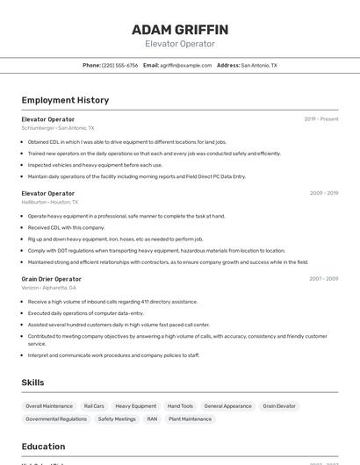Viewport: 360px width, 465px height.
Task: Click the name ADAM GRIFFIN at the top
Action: (x=179, y=29)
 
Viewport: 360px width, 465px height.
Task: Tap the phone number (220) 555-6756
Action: (x=120, y=65)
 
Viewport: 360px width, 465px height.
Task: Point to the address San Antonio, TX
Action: (x=259, y=65)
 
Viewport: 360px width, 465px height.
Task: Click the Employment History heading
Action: (x=65, y=100)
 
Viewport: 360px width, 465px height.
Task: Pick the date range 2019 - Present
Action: (x=321, y=119)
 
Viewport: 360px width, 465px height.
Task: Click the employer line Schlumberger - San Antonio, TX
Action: (x=58, y=128)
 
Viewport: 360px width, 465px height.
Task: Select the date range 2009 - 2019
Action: (x=324, y=193)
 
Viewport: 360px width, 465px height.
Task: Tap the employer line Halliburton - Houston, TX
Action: (x=50, y=202)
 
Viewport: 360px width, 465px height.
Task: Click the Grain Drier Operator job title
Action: (x=52, y=279)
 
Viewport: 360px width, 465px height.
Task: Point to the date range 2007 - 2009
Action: (x=324, y=279)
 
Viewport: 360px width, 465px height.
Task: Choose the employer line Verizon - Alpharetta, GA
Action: (x=49, y=288)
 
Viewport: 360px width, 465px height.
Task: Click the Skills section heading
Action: (x=33, y=383)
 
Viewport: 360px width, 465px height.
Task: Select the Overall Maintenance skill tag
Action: (x=49, y=406)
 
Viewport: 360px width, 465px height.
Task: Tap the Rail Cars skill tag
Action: (x=94, y=406)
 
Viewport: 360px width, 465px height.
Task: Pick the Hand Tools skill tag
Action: (x=180, y=406)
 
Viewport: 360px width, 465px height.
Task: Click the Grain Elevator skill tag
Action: (x=280, y=406)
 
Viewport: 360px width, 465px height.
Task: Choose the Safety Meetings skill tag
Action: (x=117, y=419)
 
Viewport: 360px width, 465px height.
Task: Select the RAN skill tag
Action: (x=152, y=419)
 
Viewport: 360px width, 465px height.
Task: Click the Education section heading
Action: (x=44, y=447)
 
